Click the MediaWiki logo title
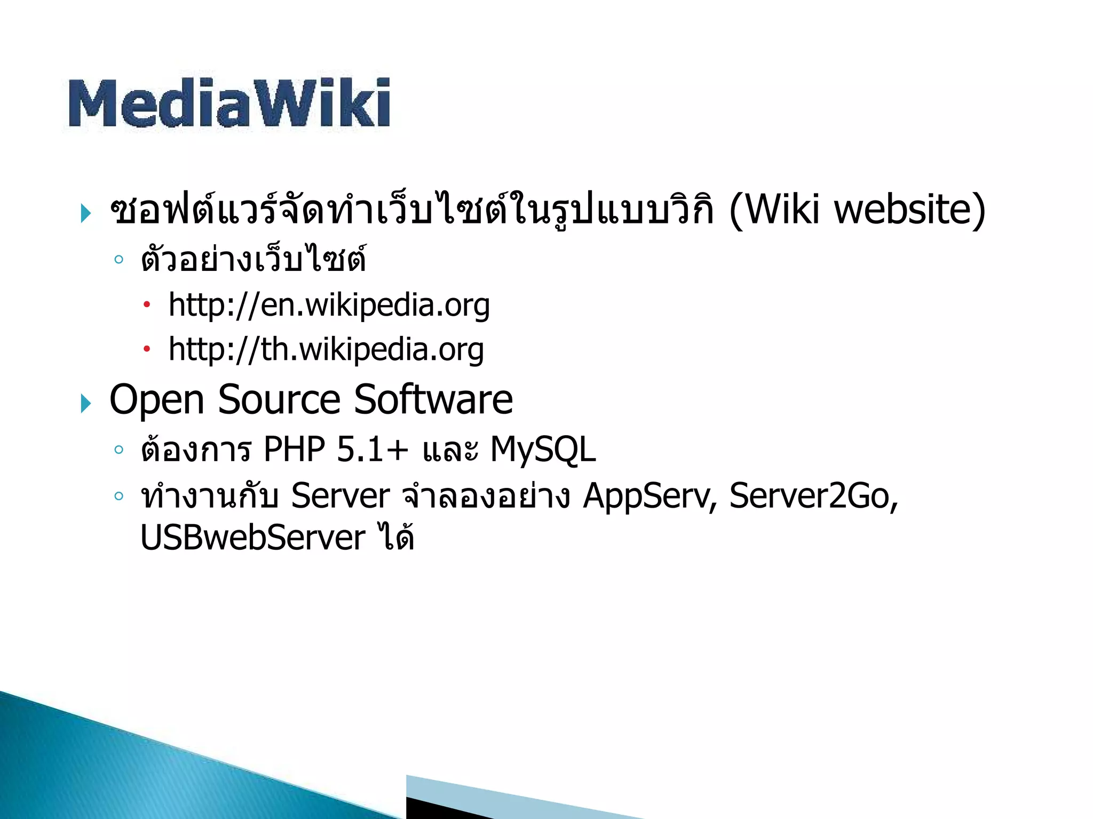[229, 103]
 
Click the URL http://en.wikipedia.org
[329, 305]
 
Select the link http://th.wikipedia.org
[326, 350]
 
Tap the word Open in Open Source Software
[157, 400]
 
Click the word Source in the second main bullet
[279, 400]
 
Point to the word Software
[433, 400]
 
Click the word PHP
[294, 449]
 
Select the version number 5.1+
[373, 449]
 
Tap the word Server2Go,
[814, 496]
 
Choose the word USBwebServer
[253, 537]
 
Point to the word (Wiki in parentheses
[774, 210]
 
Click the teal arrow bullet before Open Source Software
[85, 404]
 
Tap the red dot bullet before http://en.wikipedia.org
[147, 306]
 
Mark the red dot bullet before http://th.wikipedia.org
[147, 350]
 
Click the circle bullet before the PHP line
[118, 449]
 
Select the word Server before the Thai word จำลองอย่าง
[340, 496]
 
